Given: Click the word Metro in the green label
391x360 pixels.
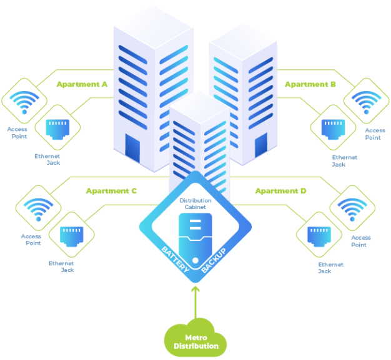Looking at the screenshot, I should (195, 338).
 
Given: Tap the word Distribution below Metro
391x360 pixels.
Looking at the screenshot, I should (195, 346).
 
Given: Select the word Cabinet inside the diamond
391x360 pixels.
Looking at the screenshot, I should (195, 207).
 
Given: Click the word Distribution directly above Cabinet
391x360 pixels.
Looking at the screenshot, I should (195, 200).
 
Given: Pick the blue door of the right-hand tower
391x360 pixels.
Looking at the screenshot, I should (260, 145).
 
